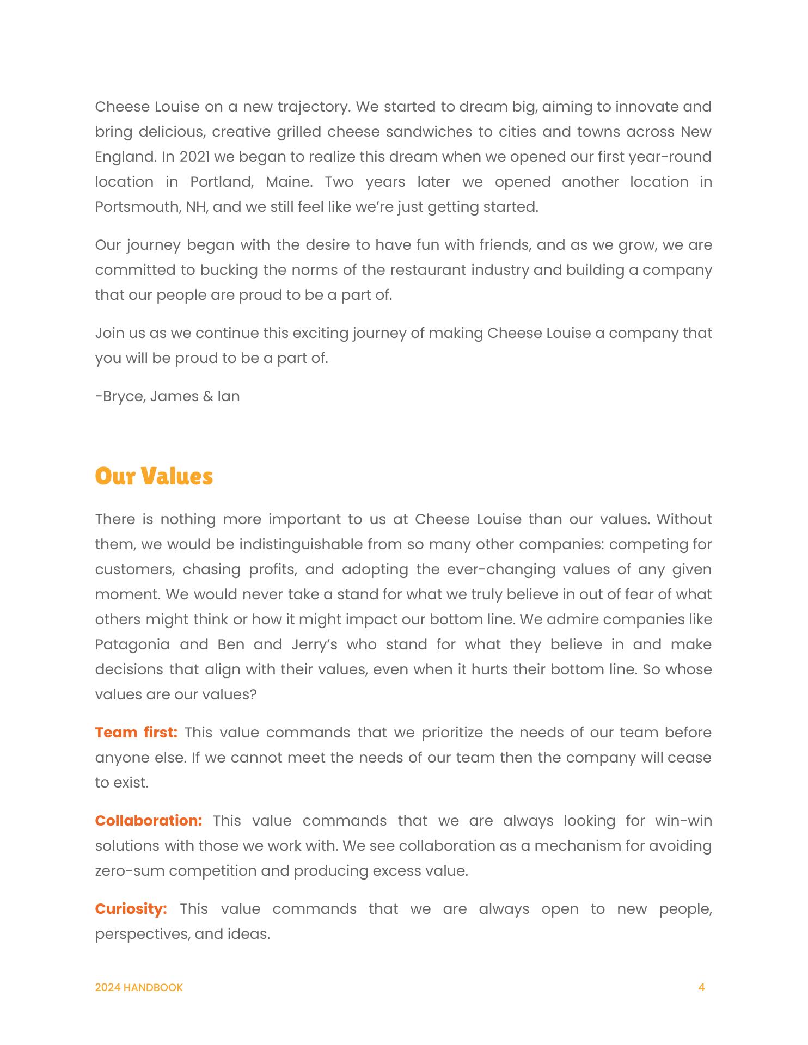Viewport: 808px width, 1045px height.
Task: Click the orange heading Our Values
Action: click(154, 476)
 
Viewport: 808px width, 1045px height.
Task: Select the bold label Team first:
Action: click(136, 733)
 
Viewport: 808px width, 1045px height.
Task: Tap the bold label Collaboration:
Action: click(148, 821)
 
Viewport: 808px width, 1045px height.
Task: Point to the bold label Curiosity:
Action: click(131, 909)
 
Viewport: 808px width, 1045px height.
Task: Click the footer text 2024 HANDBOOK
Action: click(139, 987)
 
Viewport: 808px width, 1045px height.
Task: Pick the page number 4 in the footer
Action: click(701, 987)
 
